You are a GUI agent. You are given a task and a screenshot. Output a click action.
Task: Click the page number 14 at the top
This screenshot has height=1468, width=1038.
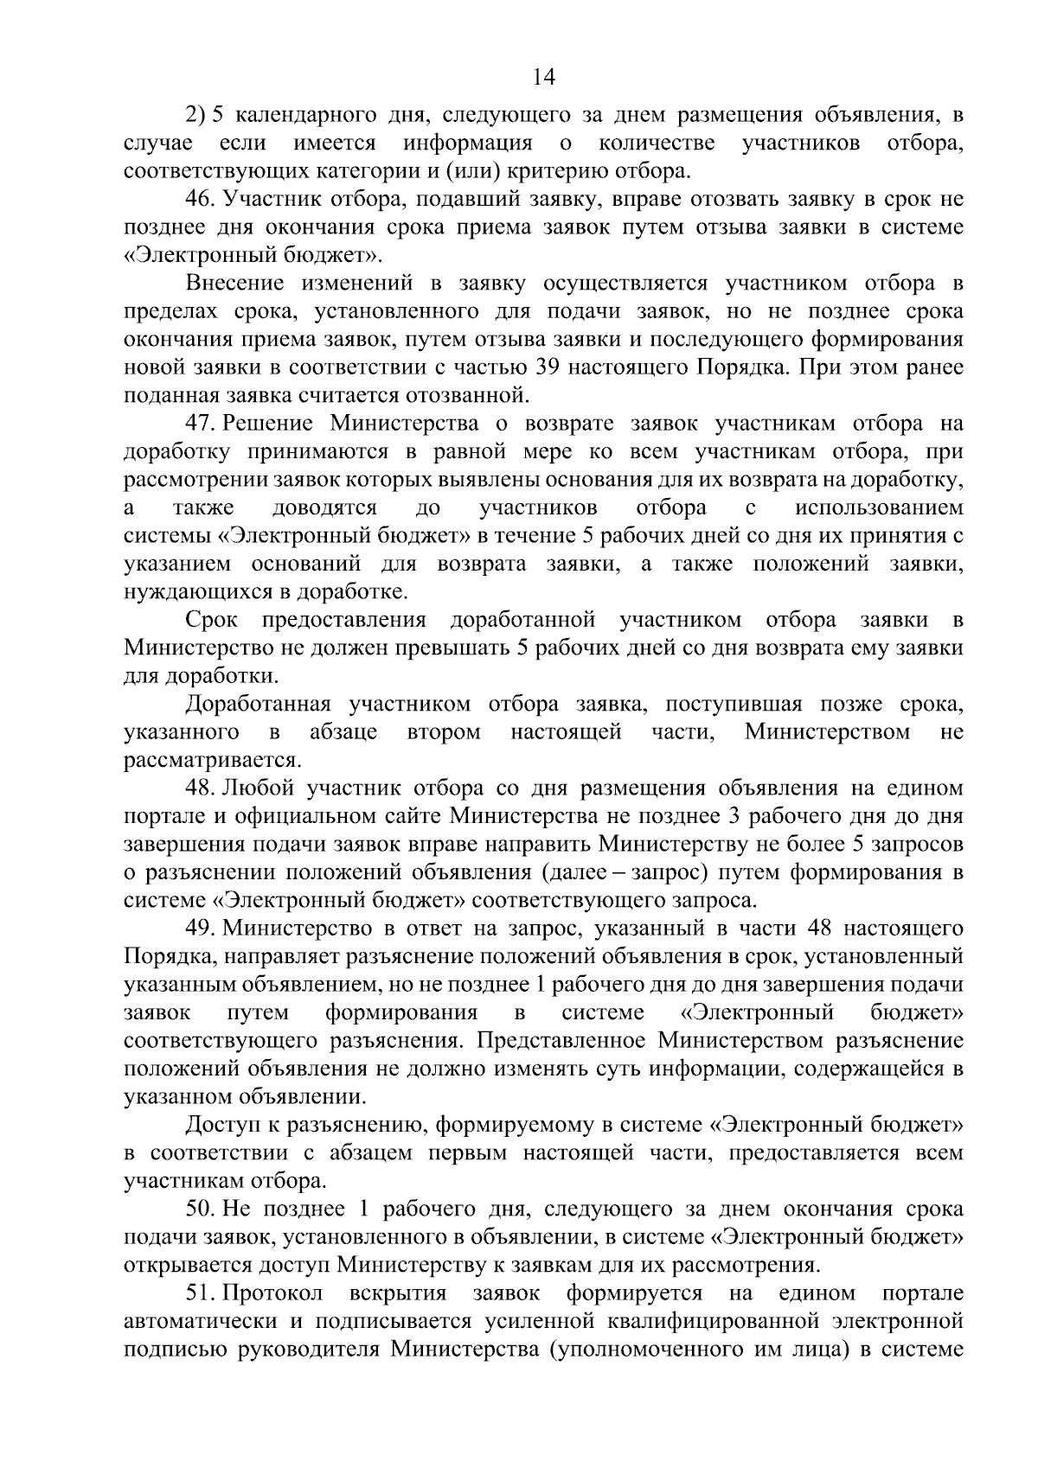[x=543, y=77]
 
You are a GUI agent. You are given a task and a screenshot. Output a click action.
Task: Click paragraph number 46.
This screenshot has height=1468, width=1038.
[x=201, y=200]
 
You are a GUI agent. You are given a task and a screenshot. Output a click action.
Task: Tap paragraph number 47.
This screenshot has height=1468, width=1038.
[x=200, y=424]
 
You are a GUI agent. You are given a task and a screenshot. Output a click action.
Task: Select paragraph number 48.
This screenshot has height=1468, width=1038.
[x=201, y=788]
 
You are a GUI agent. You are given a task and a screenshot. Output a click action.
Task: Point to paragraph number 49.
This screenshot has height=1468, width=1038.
[x=201, y=929]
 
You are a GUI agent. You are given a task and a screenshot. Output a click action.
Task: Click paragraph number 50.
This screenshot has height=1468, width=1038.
[x=201, y=1209]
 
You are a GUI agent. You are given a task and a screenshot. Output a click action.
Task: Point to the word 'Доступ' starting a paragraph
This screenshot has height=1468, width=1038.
[x=217, y=1126]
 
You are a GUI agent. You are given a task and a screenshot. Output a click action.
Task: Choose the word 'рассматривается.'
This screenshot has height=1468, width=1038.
[x=213, y=761]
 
